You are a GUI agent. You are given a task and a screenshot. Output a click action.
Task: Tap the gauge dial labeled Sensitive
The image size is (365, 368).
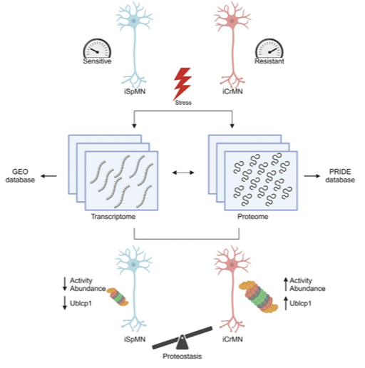pyautogui.click(x=97, y=48)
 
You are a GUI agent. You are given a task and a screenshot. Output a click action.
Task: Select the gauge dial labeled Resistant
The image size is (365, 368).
pyautogui.click(x=269, y=48)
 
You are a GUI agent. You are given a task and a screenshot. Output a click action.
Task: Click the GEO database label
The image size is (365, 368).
pyautogui.click(x=20, y=175)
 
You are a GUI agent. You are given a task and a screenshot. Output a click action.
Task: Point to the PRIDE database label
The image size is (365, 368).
pyautogui.click(x=340, y=175)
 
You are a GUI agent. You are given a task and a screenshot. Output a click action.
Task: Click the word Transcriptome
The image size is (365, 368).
pyautogui.click(x=113, y=217)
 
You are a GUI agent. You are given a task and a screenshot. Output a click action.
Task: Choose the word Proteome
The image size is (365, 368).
pyautogui.click(x=253, y=217)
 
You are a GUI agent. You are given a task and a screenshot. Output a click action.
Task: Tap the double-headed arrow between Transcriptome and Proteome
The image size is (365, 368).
pyautogui.click(x=183, y=173)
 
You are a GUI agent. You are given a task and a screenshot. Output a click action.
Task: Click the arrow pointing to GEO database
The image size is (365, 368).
pyautogui.click(x=48, y=176)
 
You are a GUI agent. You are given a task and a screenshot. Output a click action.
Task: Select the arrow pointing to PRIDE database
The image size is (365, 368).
pyautogui.click(x=312, y=176)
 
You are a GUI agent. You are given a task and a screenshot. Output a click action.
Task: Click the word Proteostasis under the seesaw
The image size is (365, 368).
pyautogui.click(x=182, y=356)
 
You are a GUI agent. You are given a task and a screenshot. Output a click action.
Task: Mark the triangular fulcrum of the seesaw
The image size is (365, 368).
pyautogui.click(x=182, y=342)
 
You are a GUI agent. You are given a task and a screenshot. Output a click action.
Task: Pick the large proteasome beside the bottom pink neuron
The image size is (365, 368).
pyautogui.click(x=259, y=296)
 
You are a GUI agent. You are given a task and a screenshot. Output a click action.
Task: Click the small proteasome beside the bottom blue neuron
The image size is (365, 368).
pyautogui.click(x=118, y=297)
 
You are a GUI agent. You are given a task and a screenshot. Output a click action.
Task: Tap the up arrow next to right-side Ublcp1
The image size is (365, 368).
pyautogui.click(x=286, y=303)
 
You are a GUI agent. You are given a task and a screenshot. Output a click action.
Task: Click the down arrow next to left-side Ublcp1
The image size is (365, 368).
pyautogui.click(x=65, y=303)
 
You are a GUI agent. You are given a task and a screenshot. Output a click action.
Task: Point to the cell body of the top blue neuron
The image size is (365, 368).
pyautogui.click(x=134, y=21)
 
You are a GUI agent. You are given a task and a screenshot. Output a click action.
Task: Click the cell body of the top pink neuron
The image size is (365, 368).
pyautogui.click(x=232, y=21)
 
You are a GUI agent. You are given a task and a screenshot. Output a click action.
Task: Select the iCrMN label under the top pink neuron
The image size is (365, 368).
pyautogui.click(x=232, y=91)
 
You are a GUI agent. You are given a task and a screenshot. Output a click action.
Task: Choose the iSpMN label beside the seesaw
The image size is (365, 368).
pyautogui.click(x=135, y=339)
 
